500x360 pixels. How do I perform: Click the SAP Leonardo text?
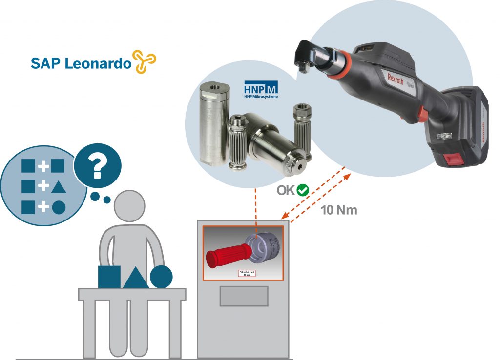pyautogui.click(x=81, y=63)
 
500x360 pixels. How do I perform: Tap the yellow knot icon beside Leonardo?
pyautogui.click(x=145, y=62)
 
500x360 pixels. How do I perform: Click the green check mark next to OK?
pyautogui.click(x=303, y=190)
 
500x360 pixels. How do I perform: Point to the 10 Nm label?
pyautogui.click(x=339, y=210)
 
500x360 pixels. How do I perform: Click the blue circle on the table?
pyautogui.click(x=161, y=277)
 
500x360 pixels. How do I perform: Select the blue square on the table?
pyautogui.click(x=109, y=277)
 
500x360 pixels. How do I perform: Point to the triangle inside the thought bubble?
pyautogui.click(x=58, y=186)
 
